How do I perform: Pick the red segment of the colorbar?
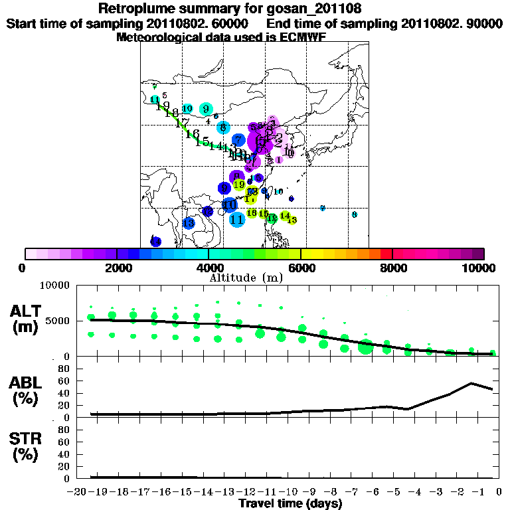pyautogui.click(x=386, y=254)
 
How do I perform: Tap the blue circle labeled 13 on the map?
pyautogui.click(x=189, y=223)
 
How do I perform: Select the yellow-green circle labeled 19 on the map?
pyautogui.click(x=239, y=185)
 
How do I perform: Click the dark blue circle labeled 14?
pyautogui.click(x=155, y=241)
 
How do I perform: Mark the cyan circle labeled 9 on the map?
pyautogui.click(x=206, y=109)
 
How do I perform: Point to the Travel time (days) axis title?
pyautogui.click(x=290, y=503)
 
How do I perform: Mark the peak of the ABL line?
pyautogui.click(x=471, y=383)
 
